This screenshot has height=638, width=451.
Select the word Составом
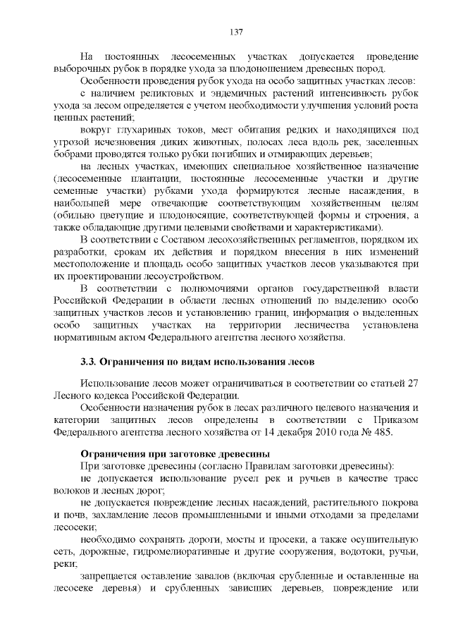point(183,240)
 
